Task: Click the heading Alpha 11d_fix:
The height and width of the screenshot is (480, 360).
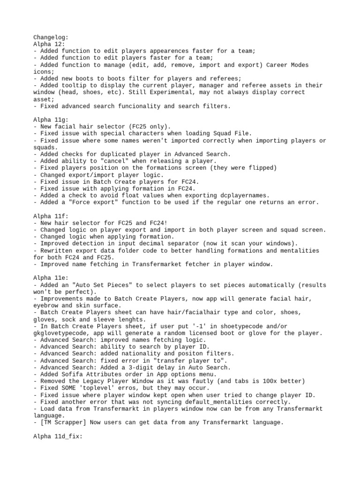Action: [x=57, y=436]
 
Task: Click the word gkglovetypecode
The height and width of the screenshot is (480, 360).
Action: [x=59, y=333]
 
